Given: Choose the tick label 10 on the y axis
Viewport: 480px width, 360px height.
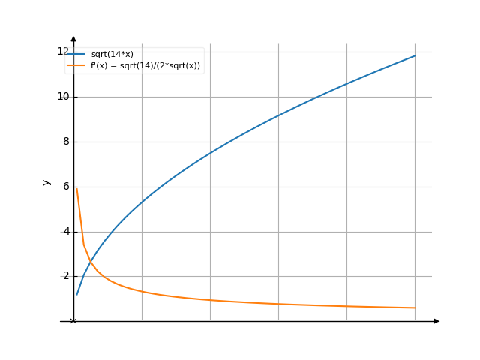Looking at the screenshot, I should [x=61, y=96].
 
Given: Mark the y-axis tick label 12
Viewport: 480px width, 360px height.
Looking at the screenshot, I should [x=61, y=51].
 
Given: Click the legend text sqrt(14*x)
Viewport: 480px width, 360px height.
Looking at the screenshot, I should [x=112, y=55].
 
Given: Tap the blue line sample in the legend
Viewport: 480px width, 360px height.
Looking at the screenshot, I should [x=76, y=55].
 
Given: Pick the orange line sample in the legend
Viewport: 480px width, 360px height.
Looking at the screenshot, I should [x=76, y=65].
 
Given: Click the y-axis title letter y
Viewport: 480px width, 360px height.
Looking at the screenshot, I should [x=46, y=182].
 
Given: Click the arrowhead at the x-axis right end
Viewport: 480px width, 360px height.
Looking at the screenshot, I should [x=436, y=321].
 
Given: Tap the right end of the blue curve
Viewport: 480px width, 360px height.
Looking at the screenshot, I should [x=415, y=55].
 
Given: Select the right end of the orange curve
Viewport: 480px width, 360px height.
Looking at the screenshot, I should [x=415, y=307].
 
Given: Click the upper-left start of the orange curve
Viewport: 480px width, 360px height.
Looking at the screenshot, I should [x=76, y=188].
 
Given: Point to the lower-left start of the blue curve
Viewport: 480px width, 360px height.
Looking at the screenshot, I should [x=76, y=294].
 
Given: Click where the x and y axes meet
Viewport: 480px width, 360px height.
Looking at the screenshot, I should [x=73, y=321].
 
